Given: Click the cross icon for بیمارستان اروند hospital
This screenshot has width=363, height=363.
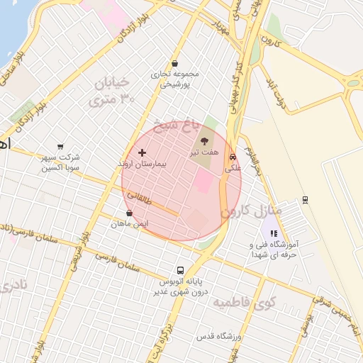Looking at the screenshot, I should [x=142, y=152].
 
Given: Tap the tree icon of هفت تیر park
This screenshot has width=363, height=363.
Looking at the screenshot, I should [x=206, y=140].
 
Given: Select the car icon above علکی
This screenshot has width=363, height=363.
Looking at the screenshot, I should [x=233, y=157].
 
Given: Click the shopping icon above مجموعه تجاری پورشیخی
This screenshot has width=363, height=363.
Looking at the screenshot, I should [x=175, y=63].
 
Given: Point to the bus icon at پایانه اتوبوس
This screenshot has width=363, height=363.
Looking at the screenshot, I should [x=180, y=270].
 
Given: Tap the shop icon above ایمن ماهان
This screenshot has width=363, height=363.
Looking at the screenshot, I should [x=129, y=213].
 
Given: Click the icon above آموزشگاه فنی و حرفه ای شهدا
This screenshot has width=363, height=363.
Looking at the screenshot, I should [x=274, y=233].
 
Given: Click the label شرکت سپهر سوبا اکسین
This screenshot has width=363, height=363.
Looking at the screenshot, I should [x=60, y=162].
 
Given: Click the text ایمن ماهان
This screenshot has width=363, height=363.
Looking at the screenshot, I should [x=130, y=224].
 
